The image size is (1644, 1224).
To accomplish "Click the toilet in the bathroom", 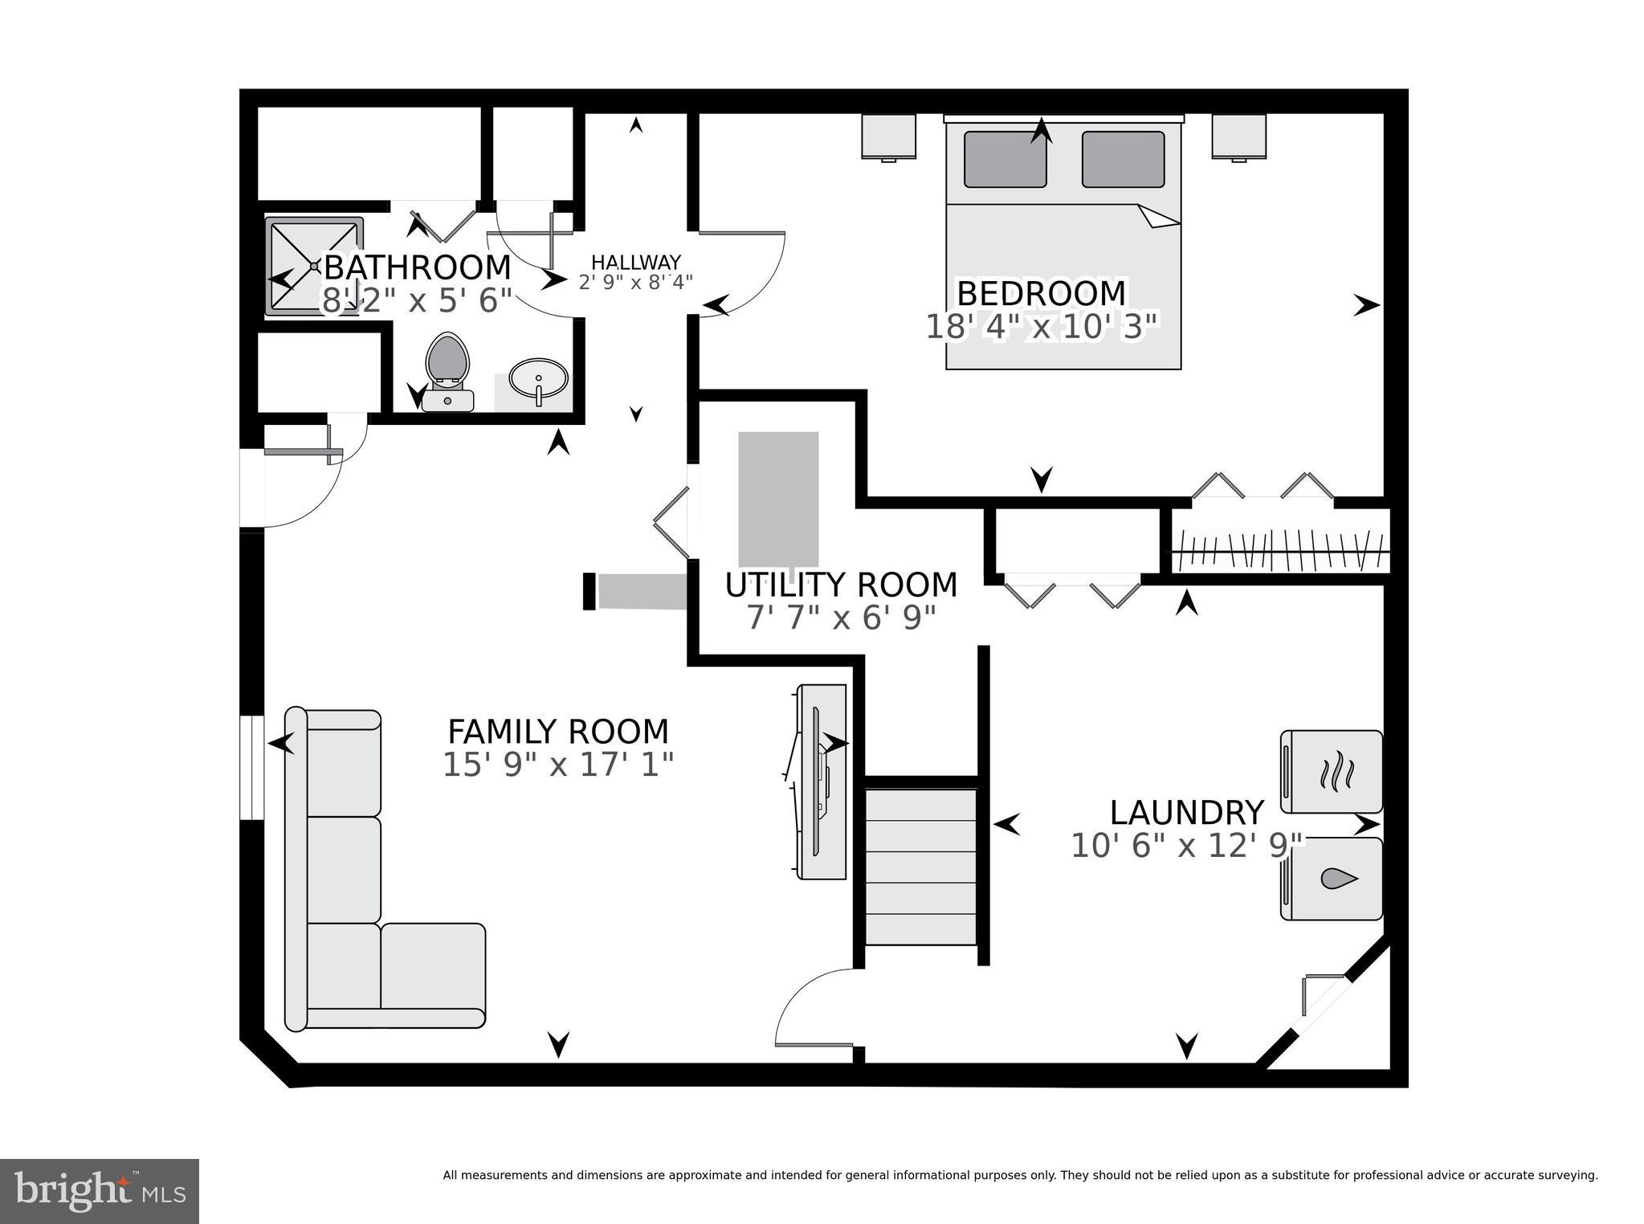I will (447, 364).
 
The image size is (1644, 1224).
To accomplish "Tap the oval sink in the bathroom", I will (538, 379).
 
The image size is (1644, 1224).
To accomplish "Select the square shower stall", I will (313, 265).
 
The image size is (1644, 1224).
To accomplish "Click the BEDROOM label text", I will (1041, 294).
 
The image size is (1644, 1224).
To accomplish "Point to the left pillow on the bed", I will (1005, 159).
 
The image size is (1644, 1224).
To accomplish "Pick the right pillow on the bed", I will (1123, 159).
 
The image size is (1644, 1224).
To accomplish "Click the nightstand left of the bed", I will (888, 137).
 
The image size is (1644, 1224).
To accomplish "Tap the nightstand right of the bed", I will (1238, 137).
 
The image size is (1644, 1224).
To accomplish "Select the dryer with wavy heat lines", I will (1331, 772).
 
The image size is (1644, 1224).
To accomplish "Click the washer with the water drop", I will (1331, 879).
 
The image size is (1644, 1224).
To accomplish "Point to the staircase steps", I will (920, 867).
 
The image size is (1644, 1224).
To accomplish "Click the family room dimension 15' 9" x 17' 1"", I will (557, 765).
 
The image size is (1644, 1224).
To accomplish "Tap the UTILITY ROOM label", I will (841, 585).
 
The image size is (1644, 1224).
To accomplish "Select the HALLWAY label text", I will (636, 263).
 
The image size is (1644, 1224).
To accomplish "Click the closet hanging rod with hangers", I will (1280, 551).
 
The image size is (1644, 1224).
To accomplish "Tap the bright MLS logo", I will (100, 1191).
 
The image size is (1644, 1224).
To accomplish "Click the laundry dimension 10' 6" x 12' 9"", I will (1187, 846).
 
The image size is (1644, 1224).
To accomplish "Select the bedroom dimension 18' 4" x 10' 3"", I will (1042, 328).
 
